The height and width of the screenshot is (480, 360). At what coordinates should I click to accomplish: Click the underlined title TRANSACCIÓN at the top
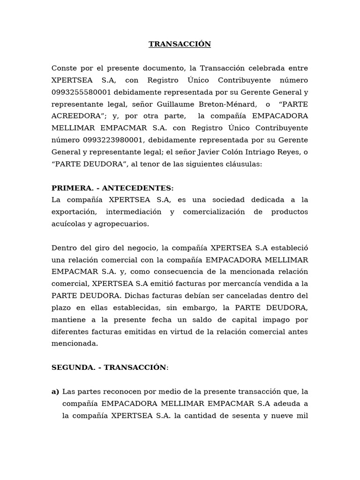coord(180,45)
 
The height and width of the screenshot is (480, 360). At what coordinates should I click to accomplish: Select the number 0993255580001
coord(81,92)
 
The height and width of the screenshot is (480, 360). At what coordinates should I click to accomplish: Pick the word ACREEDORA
coord(74,116)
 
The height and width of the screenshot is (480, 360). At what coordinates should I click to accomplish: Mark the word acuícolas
coord(67,224)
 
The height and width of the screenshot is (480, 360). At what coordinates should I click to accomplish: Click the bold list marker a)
coord(55,391)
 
